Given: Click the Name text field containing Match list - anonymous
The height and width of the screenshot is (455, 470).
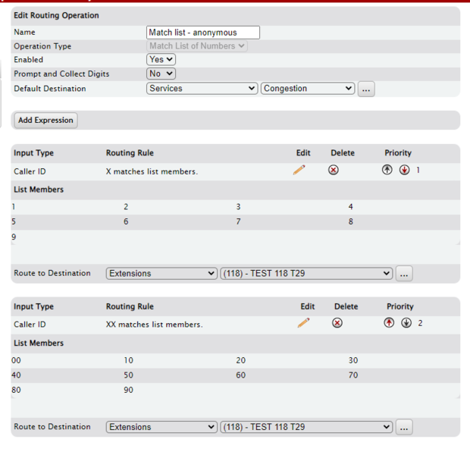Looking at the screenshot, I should (202, 33).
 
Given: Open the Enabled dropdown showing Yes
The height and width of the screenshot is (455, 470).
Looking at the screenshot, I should (161, 59).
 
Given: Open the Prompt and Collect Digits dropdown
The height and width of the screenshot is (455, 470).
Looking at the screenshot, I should (161, 74).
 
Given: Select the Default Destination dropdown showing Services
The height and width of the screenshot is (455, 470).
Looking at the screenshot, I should (202, 89).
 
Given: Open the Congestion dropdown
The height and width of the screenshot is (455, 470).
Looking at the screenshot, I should (307, 89).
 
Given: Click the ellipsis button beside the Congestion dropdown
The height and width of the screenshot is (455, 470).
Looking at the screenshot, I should (366, 89).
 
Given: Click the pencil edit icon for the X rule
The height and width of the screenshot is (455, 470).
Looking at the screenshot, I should (299, 170).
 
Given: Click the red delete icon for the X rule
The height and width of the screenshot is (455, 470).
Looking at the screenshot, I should (334, 170).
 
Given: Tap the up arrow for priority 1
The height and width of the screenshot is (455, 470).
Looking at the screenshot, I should (387, 170).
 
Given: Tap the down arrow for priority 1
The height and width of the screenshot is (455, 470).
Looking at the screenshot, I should (404, 170).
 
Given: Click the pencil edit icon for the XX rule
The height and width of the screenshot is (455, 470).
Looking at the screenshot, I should (303, 323).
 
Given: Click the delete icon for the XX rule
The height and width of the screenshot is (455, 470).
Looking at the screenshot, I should (337, 323).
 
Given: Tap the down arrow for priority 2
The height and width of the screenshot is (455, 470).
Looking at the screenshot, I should (406, 323).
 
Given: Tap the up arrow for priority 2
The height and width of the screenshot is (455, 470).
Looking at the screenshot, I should (389, 323).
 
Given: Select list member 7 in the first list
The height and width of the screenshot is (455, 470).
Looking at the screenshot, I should (238, 221).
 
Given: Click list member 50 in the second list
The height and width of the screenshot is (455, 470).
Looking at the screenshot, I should (129, 375).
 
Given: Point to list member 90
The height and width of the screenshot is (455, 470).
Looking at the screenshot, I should (129, 391).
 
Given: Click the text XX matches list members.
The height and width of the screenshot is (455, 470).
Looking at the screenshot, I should (154, 325).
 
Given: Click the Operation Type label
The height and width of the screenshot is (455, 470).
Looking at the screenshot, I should (42, 46).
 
